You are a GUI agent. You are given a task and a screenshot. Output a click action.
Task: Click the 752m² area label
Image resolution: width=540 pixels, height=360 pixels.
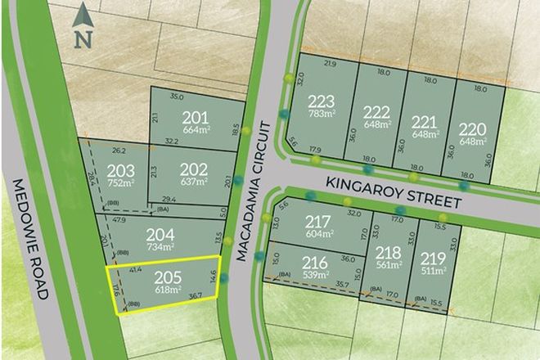pos(119,184)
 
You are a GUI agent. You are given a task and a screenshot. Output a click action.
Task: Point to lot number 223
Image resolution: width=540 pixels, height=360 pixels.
pos(322,101)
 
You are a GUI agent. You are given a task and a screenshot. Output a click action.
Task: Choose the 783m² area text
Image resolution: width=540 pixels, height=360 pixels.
pos(322,115)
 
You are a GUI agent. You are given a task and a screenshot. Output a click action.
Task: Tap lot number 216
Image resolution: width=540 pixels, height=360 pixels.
pos(315,263)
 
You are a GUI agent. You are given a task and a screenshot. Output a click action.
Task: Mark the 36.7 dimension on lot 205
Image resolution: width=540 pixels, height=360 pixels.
pos(195,293)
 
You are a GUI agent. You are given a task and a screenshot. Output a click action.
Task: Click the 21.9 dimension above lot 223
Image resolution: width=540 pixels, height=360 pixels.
pos(330,63)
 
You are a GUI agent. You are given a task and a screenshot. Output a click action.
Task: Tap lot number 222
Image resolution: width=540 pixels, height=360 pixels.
pos(376,112)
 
